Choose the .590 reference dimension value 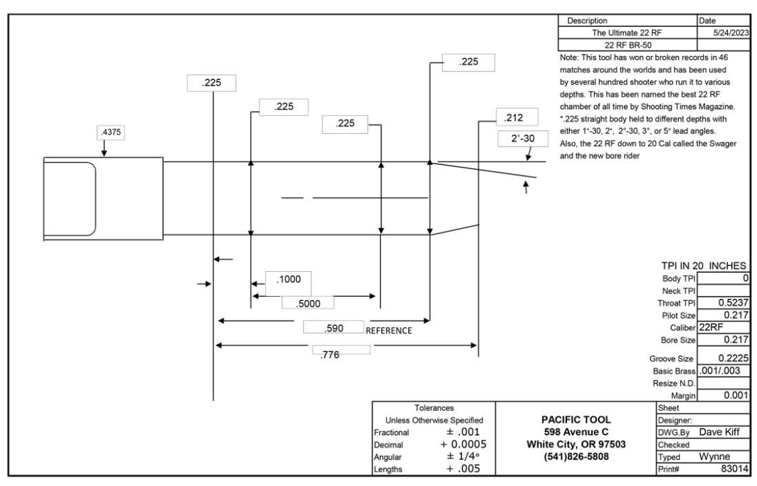[333, 328]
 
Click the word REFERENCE [389, 331]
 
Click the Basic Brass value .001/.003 [721, 371]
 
